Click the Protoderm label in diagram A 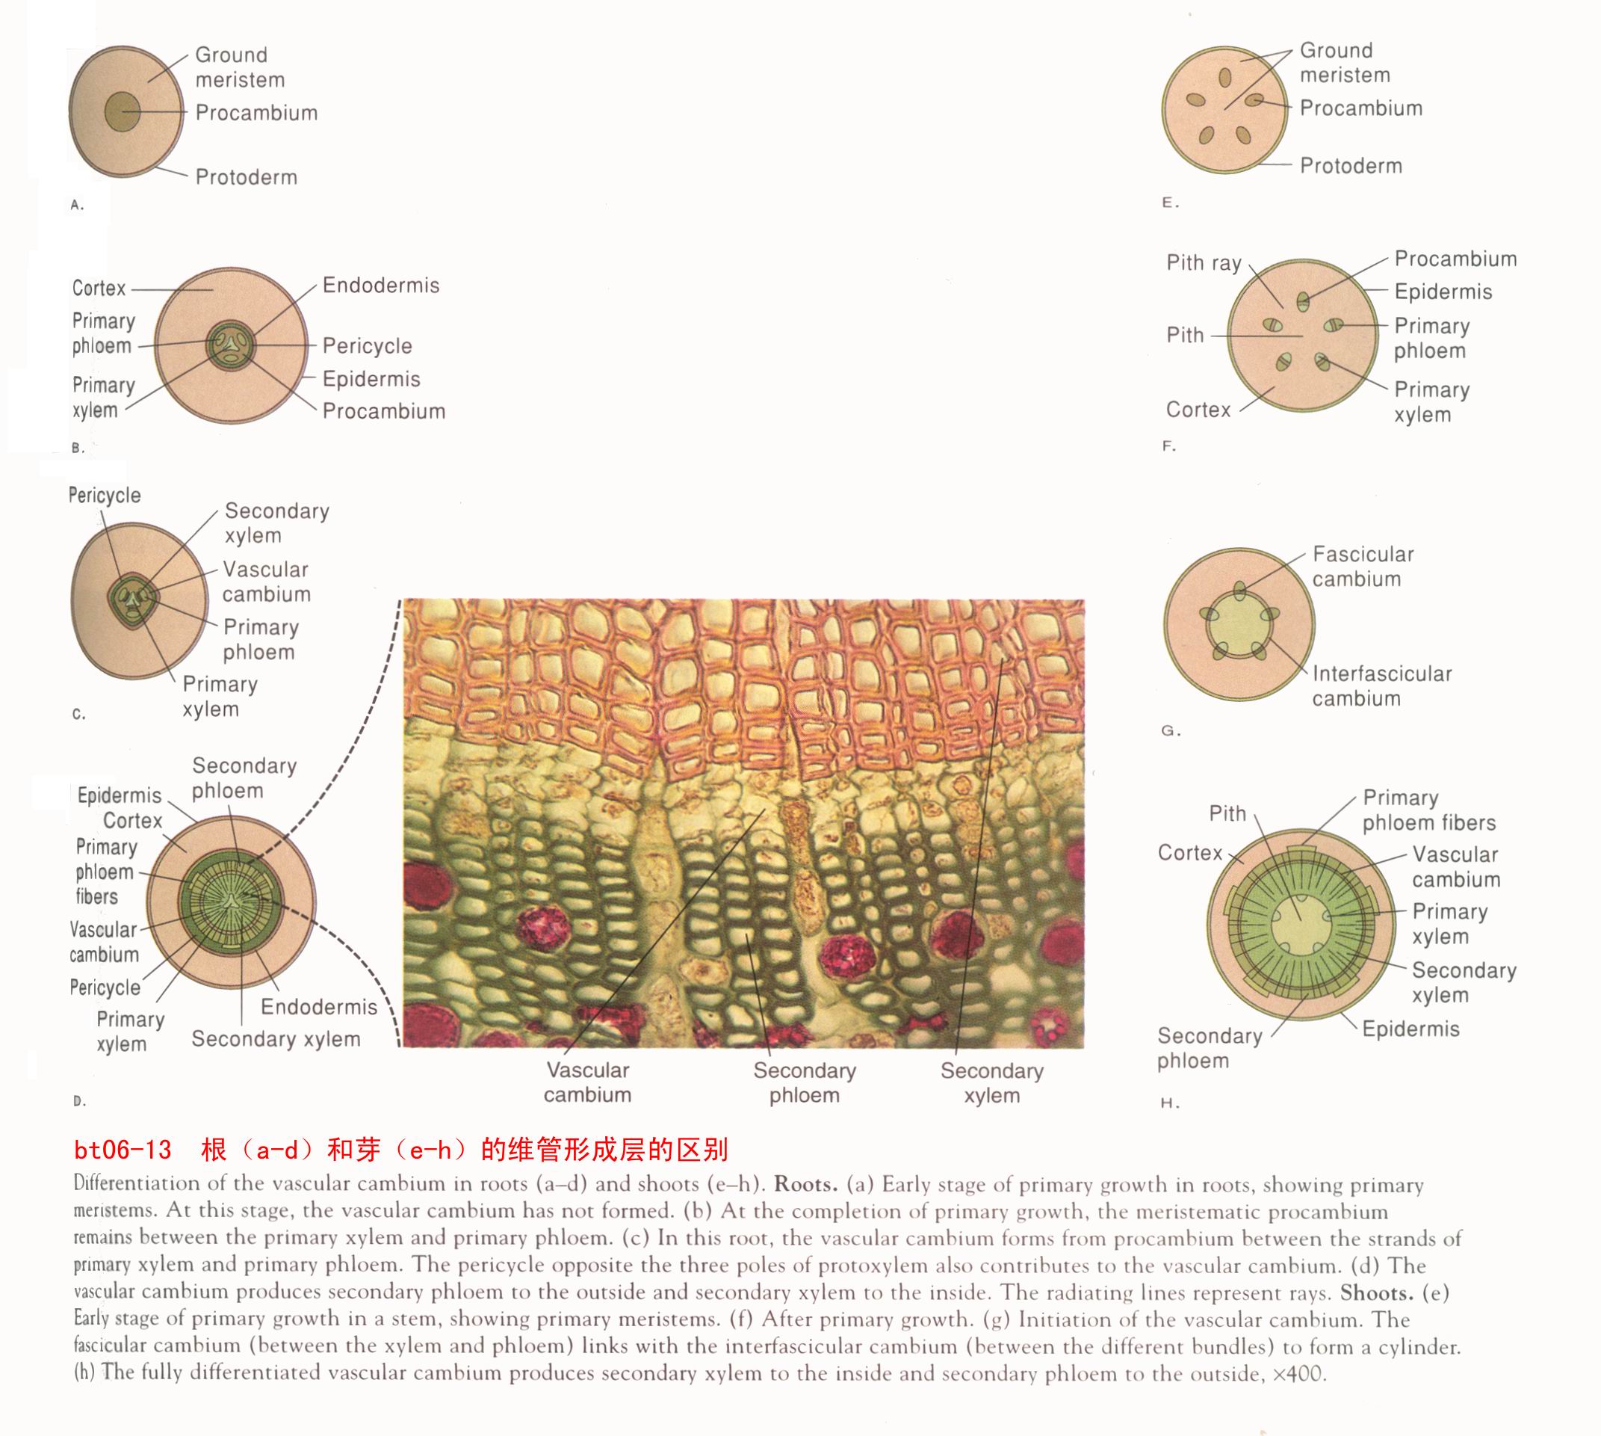pyautogui.click(x=246, y=176)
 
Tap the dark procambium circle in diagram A pyautogui.click(x=123, y=112)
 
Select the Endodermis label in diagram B pyautogui.click(x=381, y=285)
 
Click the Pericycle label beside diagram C pyautogui.click(x=105, y=496)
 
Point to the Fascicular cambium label pyautogui.click(x=1362, y=567)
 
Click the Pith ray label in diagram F pyautogui.click(x=1204, y=262)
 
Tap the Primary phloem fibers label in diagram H pyautogui.click(x=1428, y=810)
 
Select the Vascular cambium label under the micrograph pyautogui.click(x=587, y=1082)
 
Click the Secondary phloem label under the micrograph pyautogui.click(x=804, y=1082)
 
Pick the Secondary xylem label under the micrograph pyautogui.click(x=991, y=1082)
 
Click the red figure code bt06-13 pyautogui.click(x=123, y=1150)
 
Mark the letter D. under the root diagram pyautogui.click(x=79, y=1100)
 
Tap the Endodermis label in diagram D pyautogui.click(x=318, y=1007)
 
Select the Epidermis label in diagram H pyautogui.click(x=1410, y=1029)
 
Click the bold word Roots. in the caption pyautogui.click(x=805, y=1184)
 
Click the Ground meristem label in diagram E pyautogui.click(x=1345, y=63)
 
